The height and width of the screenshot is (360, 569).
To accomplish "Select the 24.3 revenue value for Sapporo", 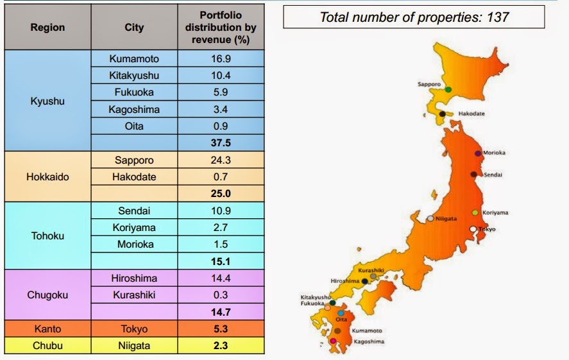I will (x=220, y=160).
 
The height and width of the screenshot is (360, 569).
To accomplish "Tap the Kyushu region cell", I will (x=47, y=101).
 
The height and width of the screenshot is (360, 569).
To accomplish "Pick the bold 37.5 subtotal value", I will (x=220, y=143).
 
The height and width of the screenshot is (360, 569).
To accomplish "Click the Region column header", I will (x=47, y=28).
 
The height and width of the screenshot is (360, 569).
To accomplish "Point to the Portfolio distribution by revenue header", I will (x=220, y=28).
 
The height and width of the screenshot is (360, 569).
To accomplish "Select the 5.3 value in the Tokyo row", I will (x=220, y=329).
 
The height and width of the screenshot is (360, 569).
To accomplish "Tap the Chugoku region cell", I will (x=47, y=295).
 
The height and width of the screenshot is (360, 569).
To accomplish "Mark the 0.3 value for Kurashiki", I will (x=220, y=295).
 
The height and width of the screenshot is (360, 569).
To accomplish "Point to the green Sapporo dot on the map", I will (x=448, y=89).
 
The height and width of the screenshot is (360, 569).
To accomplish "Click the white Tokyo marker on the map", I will (x=473, y=229).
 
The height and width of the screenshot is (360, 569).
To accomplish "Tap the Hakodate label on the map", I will (x=471, y=114).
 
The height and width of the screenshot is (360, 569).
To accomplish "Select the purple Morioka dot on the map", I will (x=478, y=153).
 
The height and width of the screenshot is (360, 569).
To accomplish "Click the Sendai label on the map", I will (x=492, y=175).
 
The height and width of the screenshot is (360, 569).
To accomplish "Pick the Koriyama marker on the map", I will (x=475, y=212).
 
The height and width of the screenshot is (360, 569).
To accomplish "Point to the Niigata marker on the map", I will (x=431, y=218).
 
